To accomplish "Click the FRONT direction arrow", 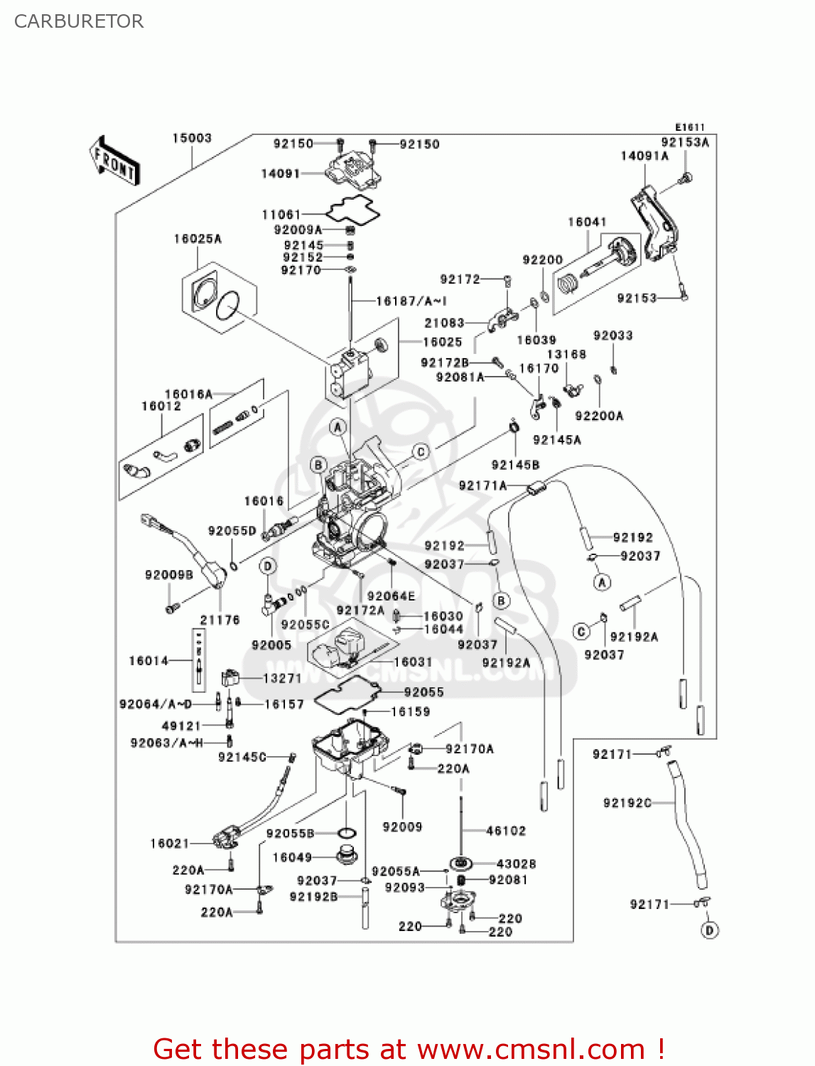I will click(x=114, y=160).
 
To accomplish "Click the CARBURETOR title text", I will click(x=79, y=21).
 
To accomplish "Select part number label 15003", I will click(x=192, y=138).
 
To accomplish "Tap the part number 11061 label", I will click(x=281, y=214).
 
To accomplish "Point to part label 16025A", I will click(x=198, y=239).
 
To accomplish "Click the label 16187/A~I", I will click(x=411, y=301).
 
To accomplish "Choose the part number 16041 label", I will click(x=587, y=222).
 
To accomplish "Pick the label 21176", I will click(x=220, y=620).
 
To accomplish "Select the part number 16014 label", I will click(x=149, y=661).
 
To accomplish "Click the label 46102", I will click(x=506, y=830).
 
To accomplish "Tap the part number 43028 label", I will click(x=516, y=863).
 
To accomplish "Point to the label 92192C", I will click(x=627, y=802).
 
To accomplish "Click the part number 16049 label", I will click(x=292, y=857).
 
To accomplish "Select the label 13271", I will click(x=282, y=678).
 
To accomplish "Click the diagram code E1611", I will click(x=689, y=127).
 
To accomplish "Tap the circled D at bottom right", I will click(x=709, y=930).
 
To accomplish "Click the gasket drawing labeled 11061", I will click(x=353, y=209).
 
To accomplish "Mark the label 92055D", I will click(x=232, y=531).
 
